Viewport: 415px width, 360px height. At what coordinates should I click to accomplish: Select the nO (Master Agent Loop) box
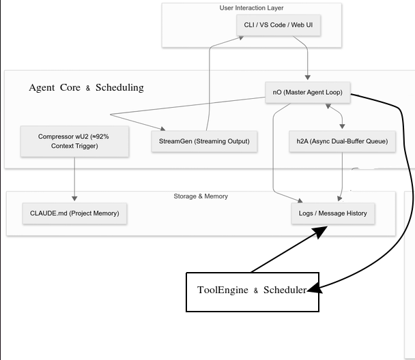pos(308,93)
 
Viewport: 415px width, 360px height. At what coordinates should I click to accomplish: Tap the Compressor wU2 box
pos(74,141)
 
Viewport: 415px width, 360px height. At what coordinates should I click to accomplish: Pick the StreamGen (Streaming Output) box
pos(204,141)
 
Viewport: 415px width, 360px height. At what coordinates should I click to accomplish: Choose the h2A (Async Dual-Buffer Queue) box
pos(342,141)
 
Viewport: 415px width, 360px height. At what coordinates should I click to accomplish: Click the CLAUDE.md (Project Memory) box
pos(74,213)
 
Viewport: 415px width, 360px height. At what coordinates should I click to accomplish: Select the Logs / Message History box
pos(332,213)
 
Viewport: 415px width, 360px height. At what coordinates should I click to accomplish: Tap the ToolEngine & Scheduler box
pos(253,291)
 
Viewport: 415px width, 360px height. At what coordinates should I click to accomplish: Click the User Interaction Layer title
pos(251,8)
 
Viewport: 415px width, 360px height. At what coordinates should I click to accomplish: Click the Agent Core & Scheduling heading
pos(86,87)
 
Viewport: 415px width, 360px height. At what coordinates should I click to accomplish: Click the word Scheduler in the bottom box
pos(285,290)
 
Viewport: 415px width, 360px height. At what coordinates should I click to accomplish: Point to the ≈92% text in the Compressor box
pos(98,136)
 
